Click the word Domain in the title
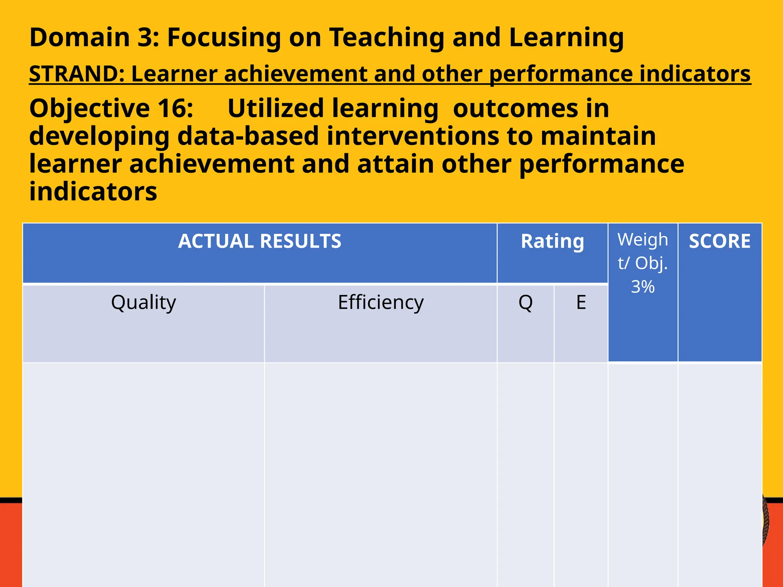(x=80, y=37)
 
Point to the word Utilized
(x=275, y=108)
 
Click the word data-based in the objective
(x=248, y=136)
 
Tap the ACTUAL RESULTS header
(x=260, y=241)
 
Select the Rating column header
(x=552, y=242)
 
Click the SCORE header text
(x=720, y=241)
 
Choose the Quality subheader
(x=143, y=302)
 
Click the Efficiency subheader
(x=381, y=302)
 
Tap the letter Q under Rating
(x=525, y=302)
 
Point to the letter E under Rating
(x=581, y=302)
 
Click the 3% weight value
(x=643, y=287)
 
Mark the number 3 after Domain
(x=146, y=37)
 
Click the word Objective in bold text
(x=89, y=108)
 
